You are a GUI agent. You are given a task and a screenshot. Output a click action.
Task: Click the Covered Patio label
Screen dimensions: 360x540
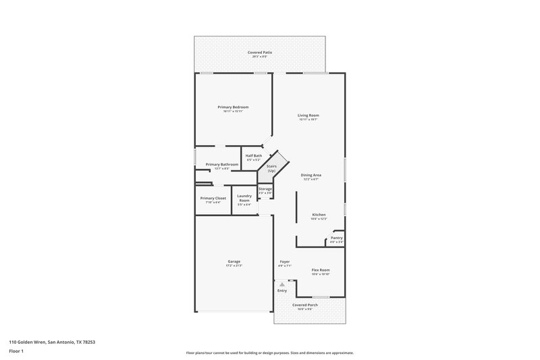260,53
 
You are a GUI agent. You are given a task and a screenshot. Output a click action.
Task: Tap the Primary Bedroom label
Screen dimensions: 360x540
233,107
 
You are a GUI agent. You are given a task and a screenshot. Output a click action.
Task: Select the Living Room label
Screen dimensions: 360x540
308,115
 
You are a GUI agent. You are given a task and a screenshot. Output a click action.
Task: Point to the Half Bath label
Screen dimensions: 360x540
253,156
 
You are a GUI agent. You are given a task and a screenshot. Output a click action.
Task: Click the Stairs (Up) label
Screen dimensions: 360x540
271,168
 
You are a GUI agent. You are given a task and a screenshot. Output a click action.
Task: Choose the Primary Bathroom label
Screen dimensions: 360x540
222,164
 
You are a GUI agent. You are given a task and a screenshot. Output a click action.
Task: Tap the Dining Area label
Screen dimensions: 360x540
310,175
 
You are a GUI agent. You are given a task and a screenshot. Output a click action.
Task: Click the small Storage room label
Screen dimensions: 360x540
265,189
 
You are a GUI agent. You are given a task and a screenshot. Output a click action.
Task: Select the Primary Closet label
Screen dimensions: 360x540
213,198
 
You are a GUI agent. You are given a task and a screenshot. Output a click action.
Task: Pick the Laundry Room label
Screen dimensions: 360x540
244,198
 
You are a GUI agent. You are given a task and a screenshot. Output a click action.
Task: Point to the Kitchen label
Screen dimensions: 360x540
319,215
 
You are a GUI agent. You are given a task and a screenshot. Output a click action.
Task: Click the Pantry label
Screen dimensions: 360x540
336,238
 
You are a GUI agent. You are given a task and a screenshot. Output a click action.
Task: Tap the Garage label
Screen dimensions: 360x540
234,261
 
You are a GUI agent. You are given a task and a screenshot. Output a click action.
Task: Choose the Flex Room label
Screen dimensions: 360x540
320,270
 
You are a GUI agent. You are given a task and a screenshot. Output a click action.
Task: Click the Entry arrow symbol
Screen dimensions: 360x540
282,284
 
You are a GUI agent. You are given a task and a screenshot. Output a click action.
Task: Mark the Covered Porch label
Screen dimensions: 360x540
305,305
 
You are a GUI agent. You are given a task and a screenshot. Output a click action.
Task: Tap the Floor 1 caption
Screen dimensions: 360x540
16,352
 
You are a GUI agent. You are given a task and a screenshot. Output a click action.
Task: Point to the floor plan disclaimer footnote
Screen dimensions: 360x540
270,353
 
